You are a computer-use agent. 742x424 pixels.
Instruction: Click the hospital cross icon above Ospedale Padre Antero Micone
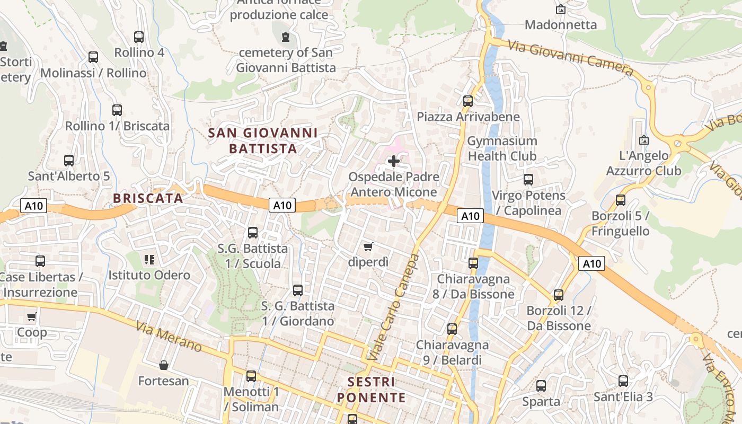click(394, 161)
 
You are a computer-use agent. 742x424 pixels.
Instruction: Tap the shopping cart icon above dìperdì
click(368, 246)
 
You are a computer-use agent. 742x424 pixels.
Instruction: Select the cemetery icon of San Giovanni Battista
click(286, 37)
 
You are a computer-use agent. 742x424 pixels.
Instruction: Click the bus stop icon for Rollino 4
click(139, 37)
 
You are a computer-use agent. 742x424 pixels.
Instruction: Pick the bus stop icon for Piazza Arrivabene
click(467, 101)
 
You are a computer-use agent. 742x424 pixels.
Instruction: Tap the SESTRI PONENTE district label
click(372, 390)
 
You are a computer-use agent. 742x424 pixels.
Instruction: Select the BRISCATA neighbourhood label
click(148, 198)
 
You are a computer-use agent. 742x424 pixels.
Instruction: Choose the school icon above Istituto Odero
click(149, 260)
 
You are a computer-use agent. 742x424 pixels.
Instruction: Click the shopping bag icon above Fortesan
click(164, 365)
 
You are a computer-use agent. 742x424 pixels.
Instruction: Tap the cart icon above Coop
click(31, 317)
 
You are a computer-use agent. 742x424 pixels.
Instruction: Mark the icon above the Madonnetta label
click(560, 9)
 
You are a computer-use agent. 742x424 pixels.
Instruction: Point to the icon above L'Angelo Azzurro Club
click(644, 140)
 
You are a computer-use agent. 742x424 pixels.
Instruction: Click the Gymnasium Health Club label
click(502, 148)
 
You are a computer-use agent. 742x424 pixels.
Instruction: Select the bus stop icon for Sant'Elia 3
click(623, 381)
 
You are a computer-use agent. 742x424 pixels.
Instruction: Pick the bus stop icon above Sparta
click(541, 386)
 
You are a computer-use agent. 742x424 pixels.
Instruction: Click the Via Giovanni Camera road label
click(571, 58)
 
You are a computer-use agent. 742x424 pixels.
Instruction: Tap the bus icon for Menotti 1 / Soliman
click(251, 376)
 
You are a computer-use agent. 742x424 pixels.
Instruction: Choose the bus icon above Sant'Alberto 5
click(69, 160)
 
